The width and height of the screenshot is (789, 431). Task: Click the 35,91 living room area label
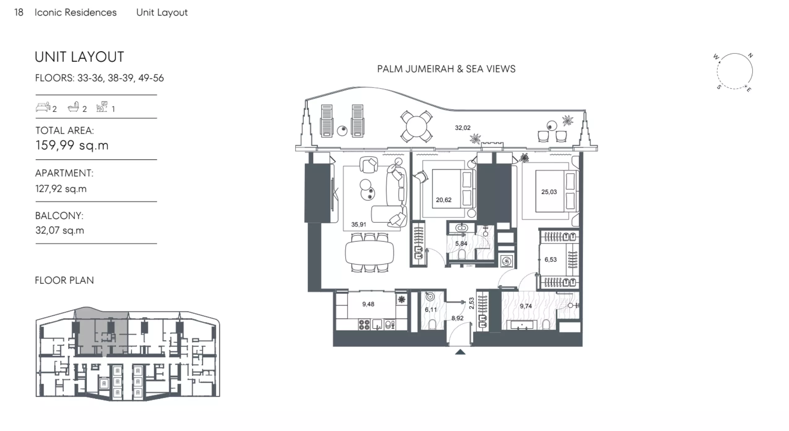click(359, 224)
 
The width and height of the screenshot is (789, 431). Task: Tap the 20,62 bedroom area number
click(444, 200)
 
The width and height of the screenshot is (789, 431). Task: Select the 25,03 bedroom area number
click(549, 192)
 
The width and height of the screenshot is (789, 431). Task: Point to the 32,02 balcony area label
click(463, 128)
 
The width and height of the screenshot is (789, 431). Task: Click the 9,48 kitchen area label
click(368, 304)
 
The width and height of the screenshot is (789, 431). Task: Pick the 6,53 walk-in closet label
click(550, 260)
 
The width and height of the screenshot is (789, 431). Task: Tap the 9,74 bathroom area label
click(526, 306)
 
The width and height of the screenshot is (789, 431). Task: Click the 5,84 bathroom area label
click(461, 244)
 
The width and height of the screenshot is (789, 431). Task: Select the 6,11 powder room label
click(431, 309)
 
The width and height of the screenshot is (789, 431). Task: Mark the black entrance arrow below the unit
click(460, 352)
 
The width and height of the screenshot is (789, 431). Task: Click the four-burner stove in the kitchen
click(364, 324)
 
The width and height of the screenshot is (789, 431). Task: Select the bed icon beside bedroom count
click(43, 107)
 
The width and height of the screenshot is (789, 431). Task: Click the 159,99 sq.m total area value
click(72, 145)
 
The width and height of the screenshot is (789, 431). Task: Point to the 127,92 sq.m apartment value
click(61, 189)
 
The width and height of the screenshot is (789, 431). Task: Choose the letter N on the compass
click(750, 56)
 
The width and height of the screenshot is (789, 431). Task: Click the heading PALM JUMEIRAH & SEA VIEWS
click(446, 69)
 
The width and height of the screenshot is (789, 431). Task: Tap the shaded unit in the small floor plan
click(102, 332)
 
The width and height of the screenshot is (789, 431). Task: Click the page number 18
click(19, 12)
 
